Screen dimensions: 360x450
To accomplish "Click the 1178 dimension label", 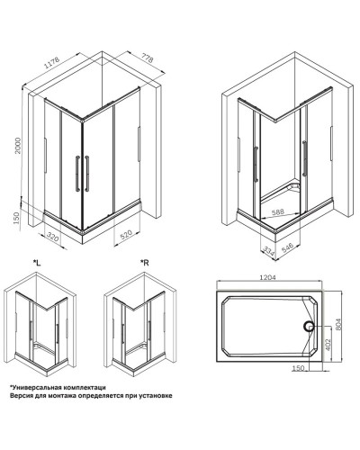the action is [x=52, y=62].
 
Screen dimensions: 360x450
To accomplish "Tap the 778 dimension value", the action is [x=148, y=58].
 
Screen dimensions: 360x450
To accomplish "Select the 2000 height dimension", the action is [x=18, y=146].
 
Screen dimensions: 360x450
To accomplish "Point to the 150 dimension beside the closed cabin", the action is [x=16, y=218].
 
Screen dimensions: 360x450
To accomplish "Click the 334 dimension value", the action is [x=268, y=251].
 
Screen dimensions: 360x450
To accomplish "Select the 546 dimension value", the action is [x=287, y=248].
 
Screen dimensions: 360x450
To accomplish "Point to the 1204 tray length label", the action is [x=267, y=277].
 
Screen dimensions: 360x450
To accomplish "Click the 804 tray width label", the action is [x=338, y=324].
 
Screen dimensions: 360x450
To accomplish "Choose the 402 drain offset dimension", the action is [x=328, y=345].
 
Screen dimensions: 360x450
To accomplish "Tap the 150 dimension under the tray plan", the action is [x=298, y=368].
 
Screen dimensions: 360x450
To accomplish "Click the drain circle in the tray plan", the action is [x=308, y=325].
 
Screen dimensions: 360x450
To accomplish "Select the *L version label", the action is [x=37, y=263].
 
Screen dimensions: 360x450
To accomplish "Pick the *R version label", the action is [x=145, y=263].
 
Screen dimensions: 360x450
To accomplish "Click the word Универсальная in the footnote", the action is [x=35, y=387].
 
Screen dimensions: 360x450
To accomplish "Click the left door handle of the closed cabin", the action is [x=77, y=173].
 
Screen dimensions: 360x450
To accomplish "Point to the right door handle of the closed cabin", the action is [x=87, y=173].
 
